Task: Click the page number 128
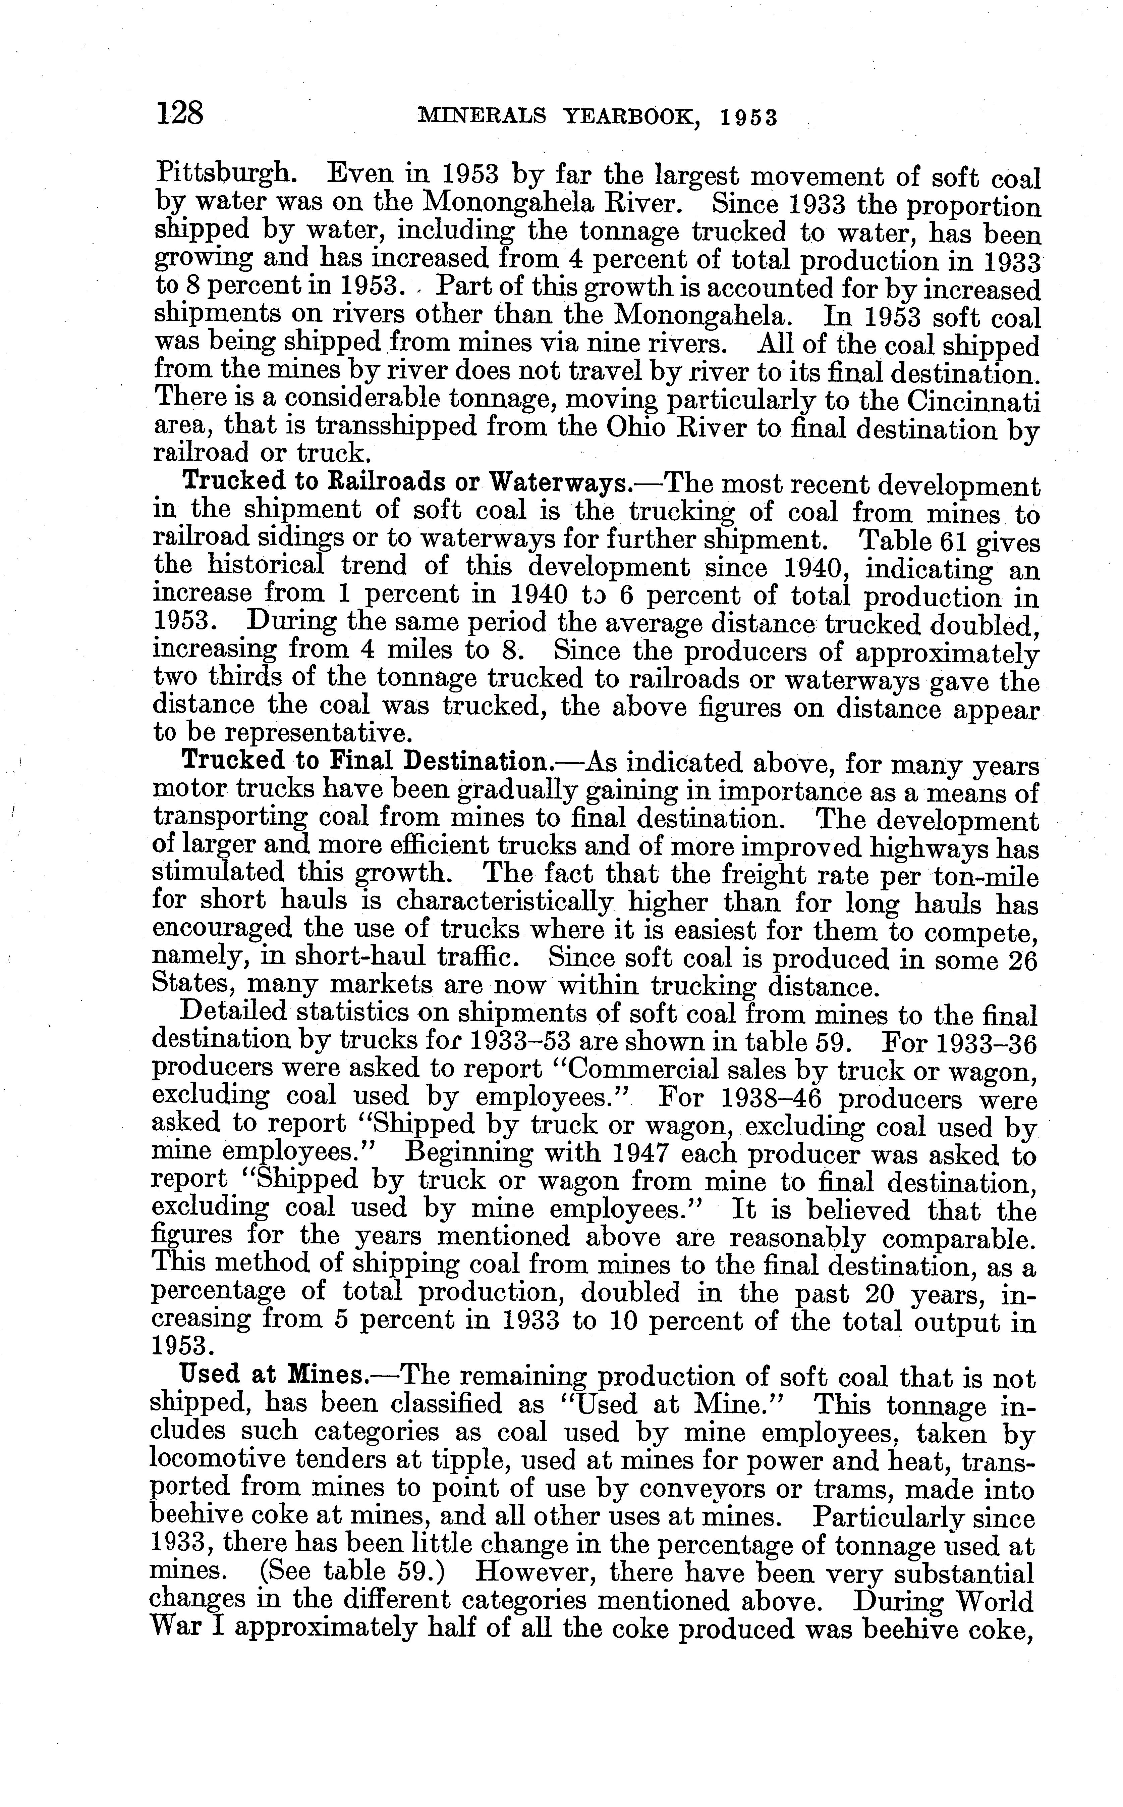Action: click(x=179, y=114)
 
